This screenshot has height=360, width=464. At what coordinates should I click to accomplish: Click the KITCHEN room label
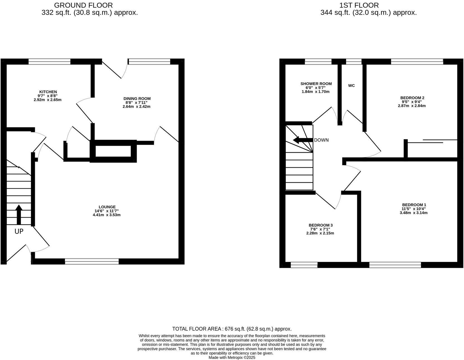tap(48, 92)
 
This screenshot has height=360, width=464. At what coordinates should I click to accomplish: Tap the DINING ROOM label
tap(137, 99)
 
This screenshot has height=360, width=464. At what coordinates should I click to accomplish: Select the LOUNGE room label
tap(107, 207)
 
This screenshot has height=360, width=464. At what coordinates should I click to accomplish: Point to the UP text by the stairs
tap(19, 232)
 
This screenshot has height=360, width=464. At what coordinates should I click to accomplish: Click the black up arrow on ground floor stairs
tap(19, 214)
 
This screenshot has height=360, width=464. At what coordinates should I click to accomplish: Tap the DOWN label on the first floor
tap(321, 140)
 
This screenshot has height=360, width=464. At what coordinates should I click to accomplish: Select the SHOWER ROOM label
tap(316, 84)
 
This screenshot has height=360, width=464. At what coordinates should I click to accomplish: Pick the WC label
tap(351, 86)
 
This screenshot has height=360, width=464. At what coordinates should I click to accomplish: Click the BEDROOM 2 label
tap(412, 98)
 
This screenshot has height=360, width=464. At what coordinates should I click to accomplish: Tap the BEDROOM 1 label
tap(414, 205)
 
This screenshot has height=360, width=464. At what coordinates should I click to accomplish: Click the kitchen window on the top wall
tap(50, 62)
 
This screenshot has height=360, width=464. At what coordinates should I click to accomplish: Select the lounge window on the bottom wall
tap(92, 261)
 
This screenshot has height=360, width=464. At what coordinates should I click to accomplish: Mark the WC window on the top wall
tap(354, 62)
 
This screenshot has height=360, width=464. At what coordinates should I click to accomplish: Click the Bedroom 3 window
tap(304, 265)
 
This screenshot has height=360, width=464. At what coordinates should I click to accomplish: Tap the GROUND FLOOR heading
tap(83, 5)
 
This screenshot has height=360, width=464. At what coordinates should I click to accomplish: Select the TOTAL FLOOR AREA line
tap(232, 329)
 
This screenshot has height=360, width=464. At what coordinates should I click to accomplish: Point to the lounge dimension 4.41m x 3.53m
tap(107, 215)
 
